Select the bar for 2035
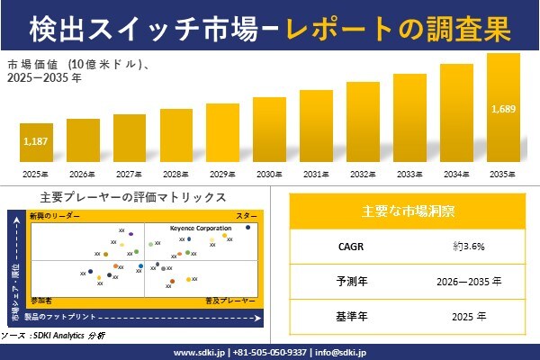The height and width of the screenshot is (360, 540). pyautogui.click(x=503, y=108)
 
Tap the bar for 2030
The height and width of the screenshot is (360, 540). pyautogui.click(x=269, y=130)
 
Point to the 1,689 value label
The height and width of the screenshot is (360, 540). pyautogui.click(x=503, y=110)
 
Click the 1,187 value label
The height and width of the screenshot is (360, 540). pyautogui.click(x=36, y=141)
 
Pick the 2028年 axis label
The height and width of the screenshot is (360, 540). pyautogui.click(x=176, y=174)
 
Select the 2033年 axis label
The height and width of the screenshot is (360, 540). pyautogui.click(x=409, y=174)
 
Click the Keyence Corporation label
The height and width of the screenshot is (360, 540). pyautogui.click(x=201, y=229)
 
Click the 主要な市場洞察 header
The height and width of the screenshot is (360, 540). pyautogui.click(x=407, y=212)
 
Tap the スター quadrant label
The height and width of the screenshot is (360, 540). pyautogui.click(x=247, y=217)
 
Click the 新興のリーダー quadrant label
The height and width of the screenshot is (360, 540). pyautogui.click(x=55, y=217)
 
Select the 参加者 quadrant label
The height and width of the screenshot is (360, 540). pyautogui.click(x=42, y=297)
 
